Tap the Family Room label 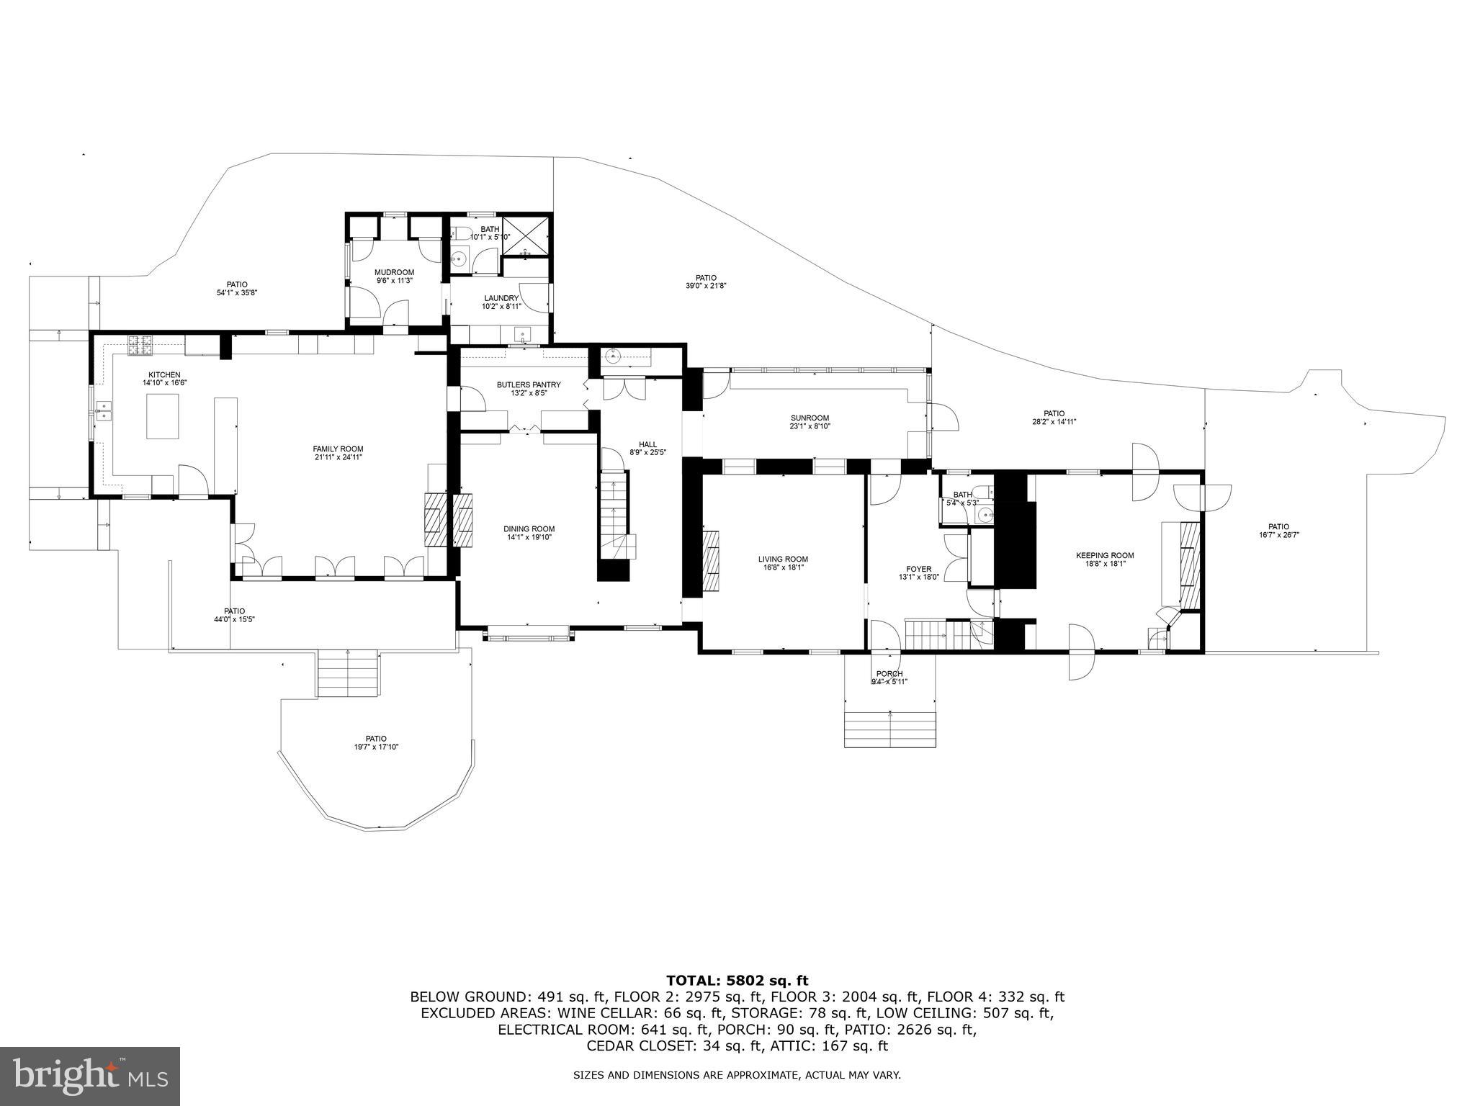click(338, 449)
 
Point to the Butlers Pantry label click(529, 385)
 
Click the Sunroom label click(810, 418)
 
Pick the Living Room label click(783, 559)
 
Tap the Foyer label click(918, 569)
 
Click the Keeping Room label click(1105, 555)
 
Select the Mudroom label click(394, 272)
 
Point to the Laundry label click(501, 298)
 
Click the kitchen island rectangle click(163, 416)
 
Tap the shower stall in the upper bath click(525, 235)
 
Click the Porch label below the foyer click(889, 674)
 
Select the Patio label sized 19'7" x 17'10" click(376, 738)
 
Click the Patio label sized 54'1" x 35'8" click(237, 284)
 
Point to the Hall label click(647, 444)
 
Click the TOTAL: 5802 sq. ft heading click(737, 980)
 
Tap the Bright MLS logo click(89, 1076)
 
